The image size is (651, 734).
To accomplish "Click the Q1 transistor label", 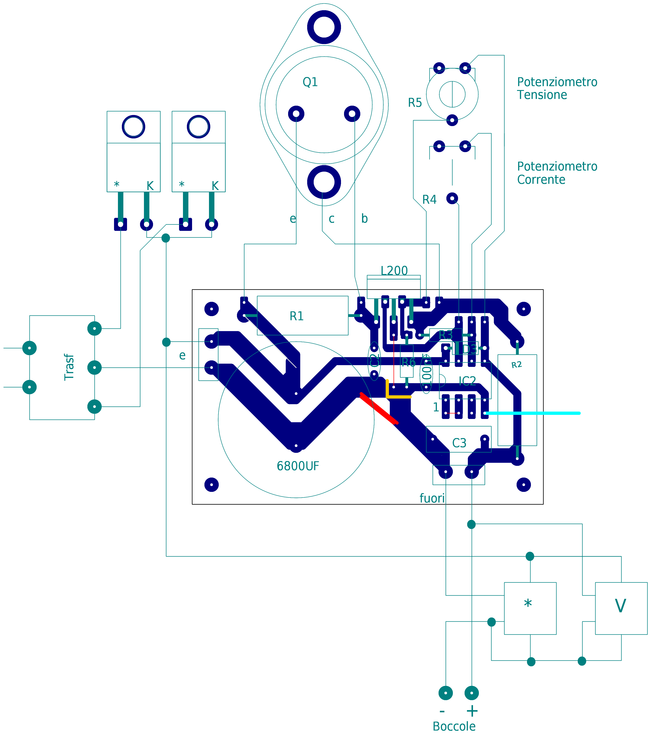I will point(310,82).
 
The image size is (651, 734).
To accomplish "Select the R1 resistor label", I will point(296,316).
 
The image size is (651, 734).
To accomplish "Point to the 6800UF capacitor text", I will point(298,466).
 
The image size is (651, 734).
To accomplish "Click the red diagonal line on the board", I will point(379,409).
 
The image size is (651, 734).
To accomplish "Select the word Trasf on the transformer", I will point(69,367).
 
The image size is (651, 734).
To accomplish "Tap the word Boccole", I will point(454,726).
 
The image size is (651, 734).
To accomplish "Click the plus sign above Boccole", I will point(472,711).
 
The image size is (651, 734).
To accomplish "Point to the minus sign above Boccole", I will point(442,711).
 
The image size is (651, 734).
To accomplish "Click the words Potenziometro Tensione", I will point(557,88).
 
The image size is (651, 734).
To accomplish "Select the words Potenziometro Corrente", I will point(557,173).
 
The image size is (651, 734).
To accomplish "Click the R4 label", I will point(429,200).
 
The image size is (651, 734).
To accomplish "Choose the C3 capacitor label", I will point(459,443).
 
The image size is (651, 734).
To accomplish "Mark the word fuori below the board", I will point(432,498).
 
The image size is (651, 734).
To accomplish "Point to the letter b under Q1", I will point(364,218).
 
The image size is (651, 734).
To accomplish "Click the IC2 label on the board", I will point(467,381).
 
